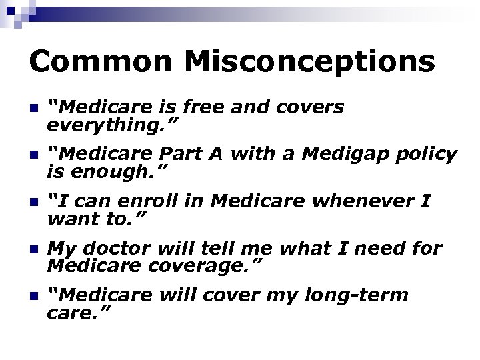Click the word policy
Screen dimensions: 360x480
pyautogui.click(x=423, y=155)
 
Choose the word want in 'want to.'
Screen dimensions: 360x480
pyautogui.click(x=75, y=219)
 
